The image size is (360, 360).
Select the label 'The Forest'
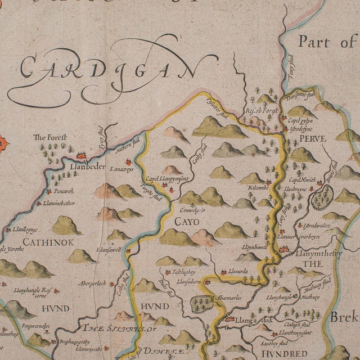click(x=49, y=137)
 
